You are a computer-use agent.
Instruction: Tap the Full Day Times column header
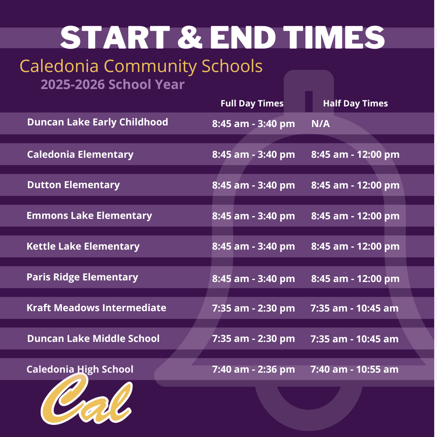[x=252, y=104]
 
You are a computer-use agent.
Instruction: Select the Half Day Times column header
[x=355, y=104]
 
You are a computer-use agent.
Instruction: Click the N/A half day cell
[x=320, y=123]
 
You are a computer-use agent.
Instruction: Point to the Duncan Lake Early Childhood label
[x=98, y=122]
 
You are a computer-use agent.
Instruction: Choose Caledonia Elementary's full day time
[x=253, y=155]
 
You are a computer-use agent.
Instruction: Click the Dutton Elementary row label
[x=73, y=185]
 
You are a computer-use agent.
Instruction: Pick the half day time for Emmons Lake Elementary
[x=355, y=216]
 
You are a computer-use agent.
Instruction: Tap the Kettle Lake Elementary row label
[x=83, y=246]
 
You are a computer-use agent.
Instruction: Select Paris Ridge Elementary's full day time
[x=253, y=278]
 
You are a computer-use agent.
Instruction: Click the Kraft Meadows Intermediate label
[x=96, y=308]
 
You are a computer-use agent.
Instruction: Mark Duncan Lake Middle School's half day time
[x=354, y=339]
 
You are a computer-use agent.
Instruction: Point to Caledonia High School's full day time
[x=253, y=369]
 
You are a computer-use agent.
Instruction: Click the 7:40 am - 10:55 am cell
[x=354, y=369]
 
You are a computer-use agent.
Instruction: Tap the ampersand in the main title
[x=190, y=37]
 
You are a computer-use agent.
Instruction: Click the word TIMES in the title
[x=333, y=37]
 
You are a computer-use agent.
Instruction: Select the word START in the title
[x=115, y=37]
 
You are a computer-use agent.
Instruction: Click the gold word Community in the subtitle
[x=150, y=66]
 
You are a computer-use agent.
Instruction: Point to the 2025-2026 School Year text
[x=112, y=85]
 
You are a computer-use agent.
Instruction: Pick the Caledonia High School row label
[x=80, y=369]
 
